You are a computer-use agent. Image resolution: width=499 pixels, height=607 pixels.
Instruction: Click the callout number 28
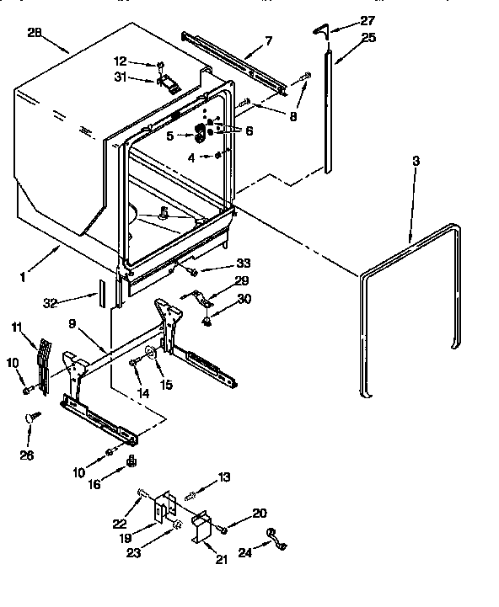(x=35, y=33)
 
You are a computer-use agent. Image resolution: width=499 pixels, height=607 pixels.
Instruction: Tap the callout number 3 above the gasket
(x=417, y=159)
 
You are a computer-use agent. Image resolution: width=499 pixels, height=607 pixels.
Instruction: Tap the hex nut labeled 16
(x=131, y=462)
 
